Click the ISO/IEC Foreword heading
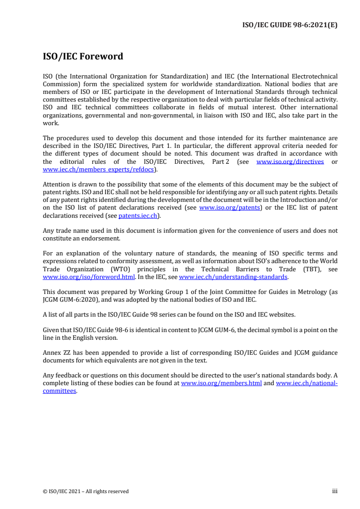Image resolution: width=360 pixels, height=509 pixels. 83,57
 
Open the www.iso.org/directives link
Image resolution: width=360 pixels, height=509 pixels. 290,162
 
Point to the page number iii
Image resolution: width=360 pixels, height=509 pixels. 335,491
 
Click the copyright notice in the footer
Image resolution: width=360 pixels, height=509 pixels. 85,491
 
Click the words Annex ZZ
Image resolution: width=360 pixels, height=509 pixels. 55,352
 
